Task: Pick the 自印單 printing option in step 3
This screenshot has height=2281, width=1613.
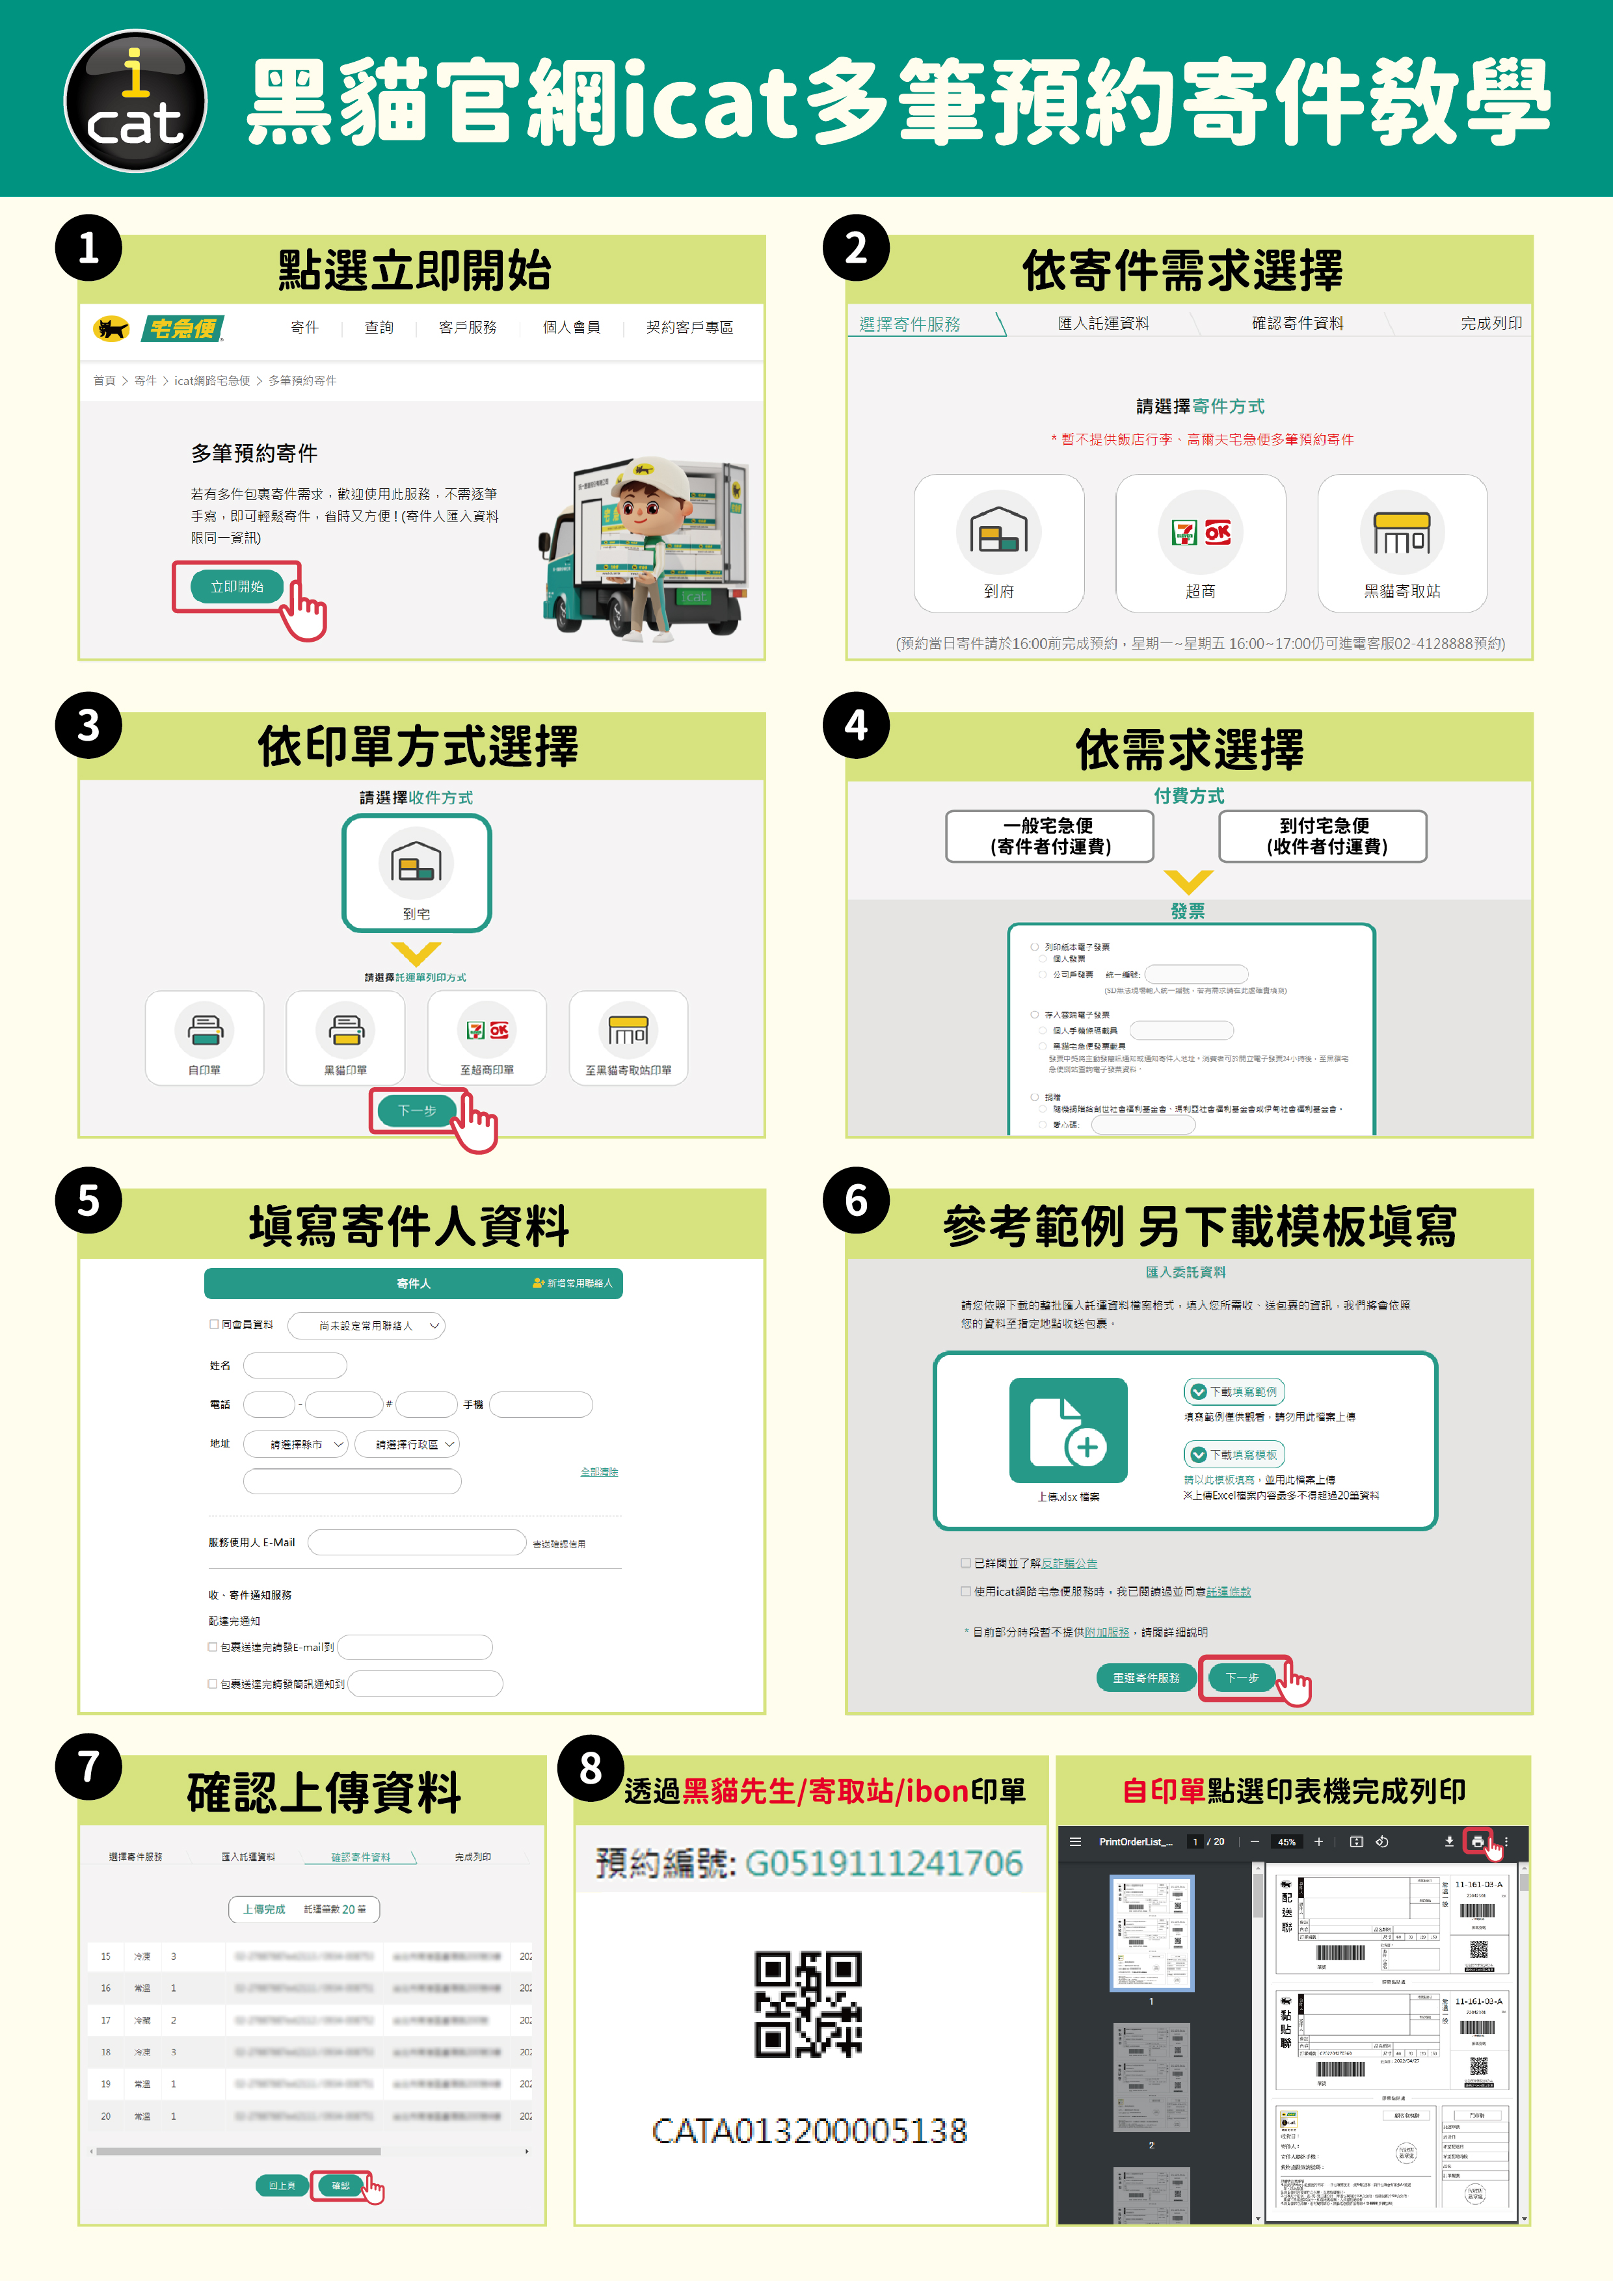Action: click(205, 1037)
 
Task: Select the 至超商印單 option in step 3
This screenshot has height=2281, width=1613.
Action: click(487, 1037)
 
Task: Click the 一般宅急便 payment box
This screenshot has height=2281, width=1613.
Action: click(1050, 836)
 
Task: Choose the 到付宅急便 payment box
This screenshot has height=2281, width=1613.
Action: click(1323, 836)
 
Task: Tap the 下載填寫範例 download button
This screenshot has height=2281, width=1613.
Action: click(1234, 1392)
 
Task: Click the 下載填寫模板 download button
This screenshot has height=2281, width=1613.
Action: click(1234, 1455)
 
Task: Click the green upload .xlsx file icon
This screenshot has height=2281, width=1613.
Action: click(1069, 1431)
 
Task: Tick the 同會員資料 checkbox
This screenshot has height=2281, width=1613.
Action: click(214, 1325)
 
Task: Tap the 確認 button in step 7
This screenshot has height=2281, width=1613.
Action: click(340, 2185)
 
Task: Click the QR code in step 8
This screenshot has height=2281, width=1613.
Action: click(808, 2004)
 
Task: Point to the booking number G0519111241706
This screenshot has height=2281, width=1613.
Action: click(883, 1864)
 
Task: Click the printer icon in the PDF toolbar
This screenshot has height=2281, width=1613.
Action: click(1477, 1842)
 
